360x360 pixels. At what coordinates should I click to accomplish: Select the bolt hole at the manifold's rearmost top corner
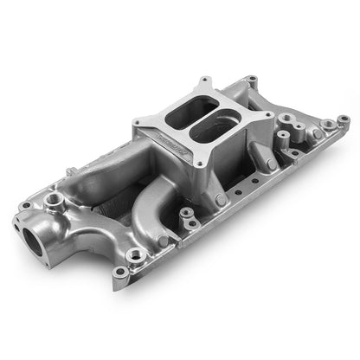[252, 80]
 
